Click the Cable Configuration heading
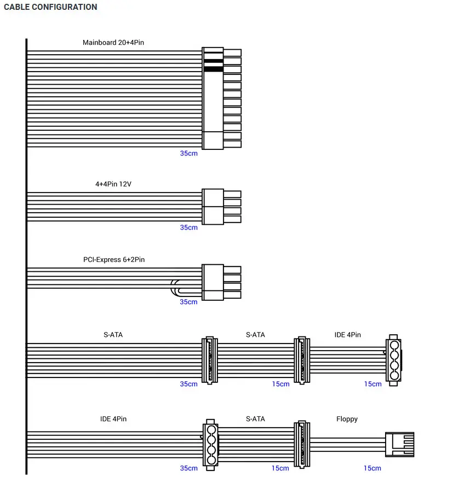(x=50, y=7)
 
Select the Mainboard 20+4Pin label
(x=113, y=42)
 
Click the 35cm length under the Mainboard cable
(x=188, y=153)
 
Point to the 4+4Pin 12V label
(x=113, y=184)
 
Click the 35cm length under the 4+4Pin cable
(x=188, y=228)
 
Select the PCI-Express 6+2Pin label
(x=114, y=259)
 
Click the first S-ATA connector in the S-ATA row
(x=210, y=360)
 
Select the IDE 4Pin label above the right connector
(x=348, y=335)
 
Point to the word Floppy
(x=347, y=419)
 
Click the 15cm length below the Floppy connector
(x=372, y=468)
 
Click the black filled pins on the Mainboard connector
(x=213, y=65)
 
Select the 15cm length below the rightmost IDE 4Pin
(x=372, y=384)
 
